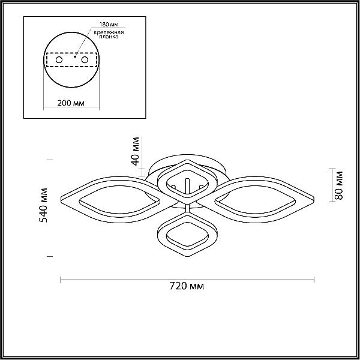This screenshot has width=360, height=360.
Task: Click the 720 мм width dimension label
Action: [x=187, y=286]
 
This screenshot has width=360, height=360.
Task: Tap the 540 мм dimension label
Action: [x=43, y=205]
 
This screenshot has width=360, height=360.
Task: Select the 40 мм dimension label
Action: [x=135, y=151]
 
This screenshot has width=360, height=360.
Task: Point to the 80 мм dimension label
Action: [x=338, y=185]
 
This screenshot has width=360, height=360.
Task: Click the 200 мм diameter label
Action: [x=71, y=103]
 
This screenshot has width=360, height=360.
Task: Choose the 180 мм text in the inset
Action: [x=109, y=25]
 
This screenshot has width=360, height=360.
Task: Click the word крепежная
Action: [x=109, y=32]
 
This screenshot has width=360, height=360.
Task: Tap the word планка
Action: [x=109, y=37]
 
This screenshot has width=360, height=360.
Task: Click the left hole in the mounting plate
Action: [x=59, y=60]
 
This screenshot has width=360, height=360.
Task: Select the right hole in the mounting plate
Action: [x=85, y=60]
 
